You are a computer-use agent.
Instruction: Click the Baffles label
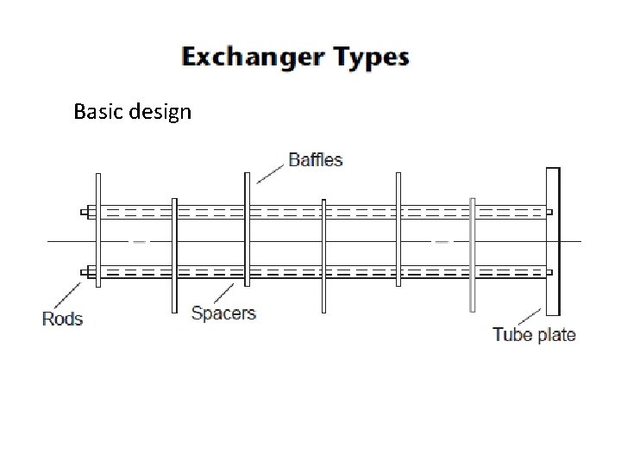coord(315,159)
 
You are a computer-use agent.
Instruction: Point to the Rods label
coord(62,319)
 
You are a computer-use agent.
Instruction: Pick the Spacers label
coord(223,313)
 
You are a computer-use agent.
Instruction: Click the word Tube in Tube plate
coord(511,334)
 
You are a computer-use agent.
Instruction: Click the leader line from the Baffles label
coord(271,172)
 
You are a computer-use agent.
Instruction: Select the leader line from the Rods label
coord(67,293)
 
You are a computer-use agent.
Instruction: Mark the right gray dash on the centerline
coord(442,242)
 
